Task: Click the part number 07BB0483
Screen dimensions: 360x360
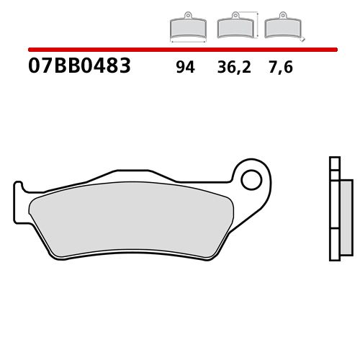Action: click(80, 68)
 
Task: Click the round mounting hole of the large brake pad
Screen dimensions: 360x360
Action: click(252, 178)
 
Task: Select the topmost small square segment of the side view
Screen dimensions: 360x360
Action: click(333, 162)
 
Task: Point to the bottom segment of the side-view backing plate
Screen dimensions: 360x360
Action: click(333, 244)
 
